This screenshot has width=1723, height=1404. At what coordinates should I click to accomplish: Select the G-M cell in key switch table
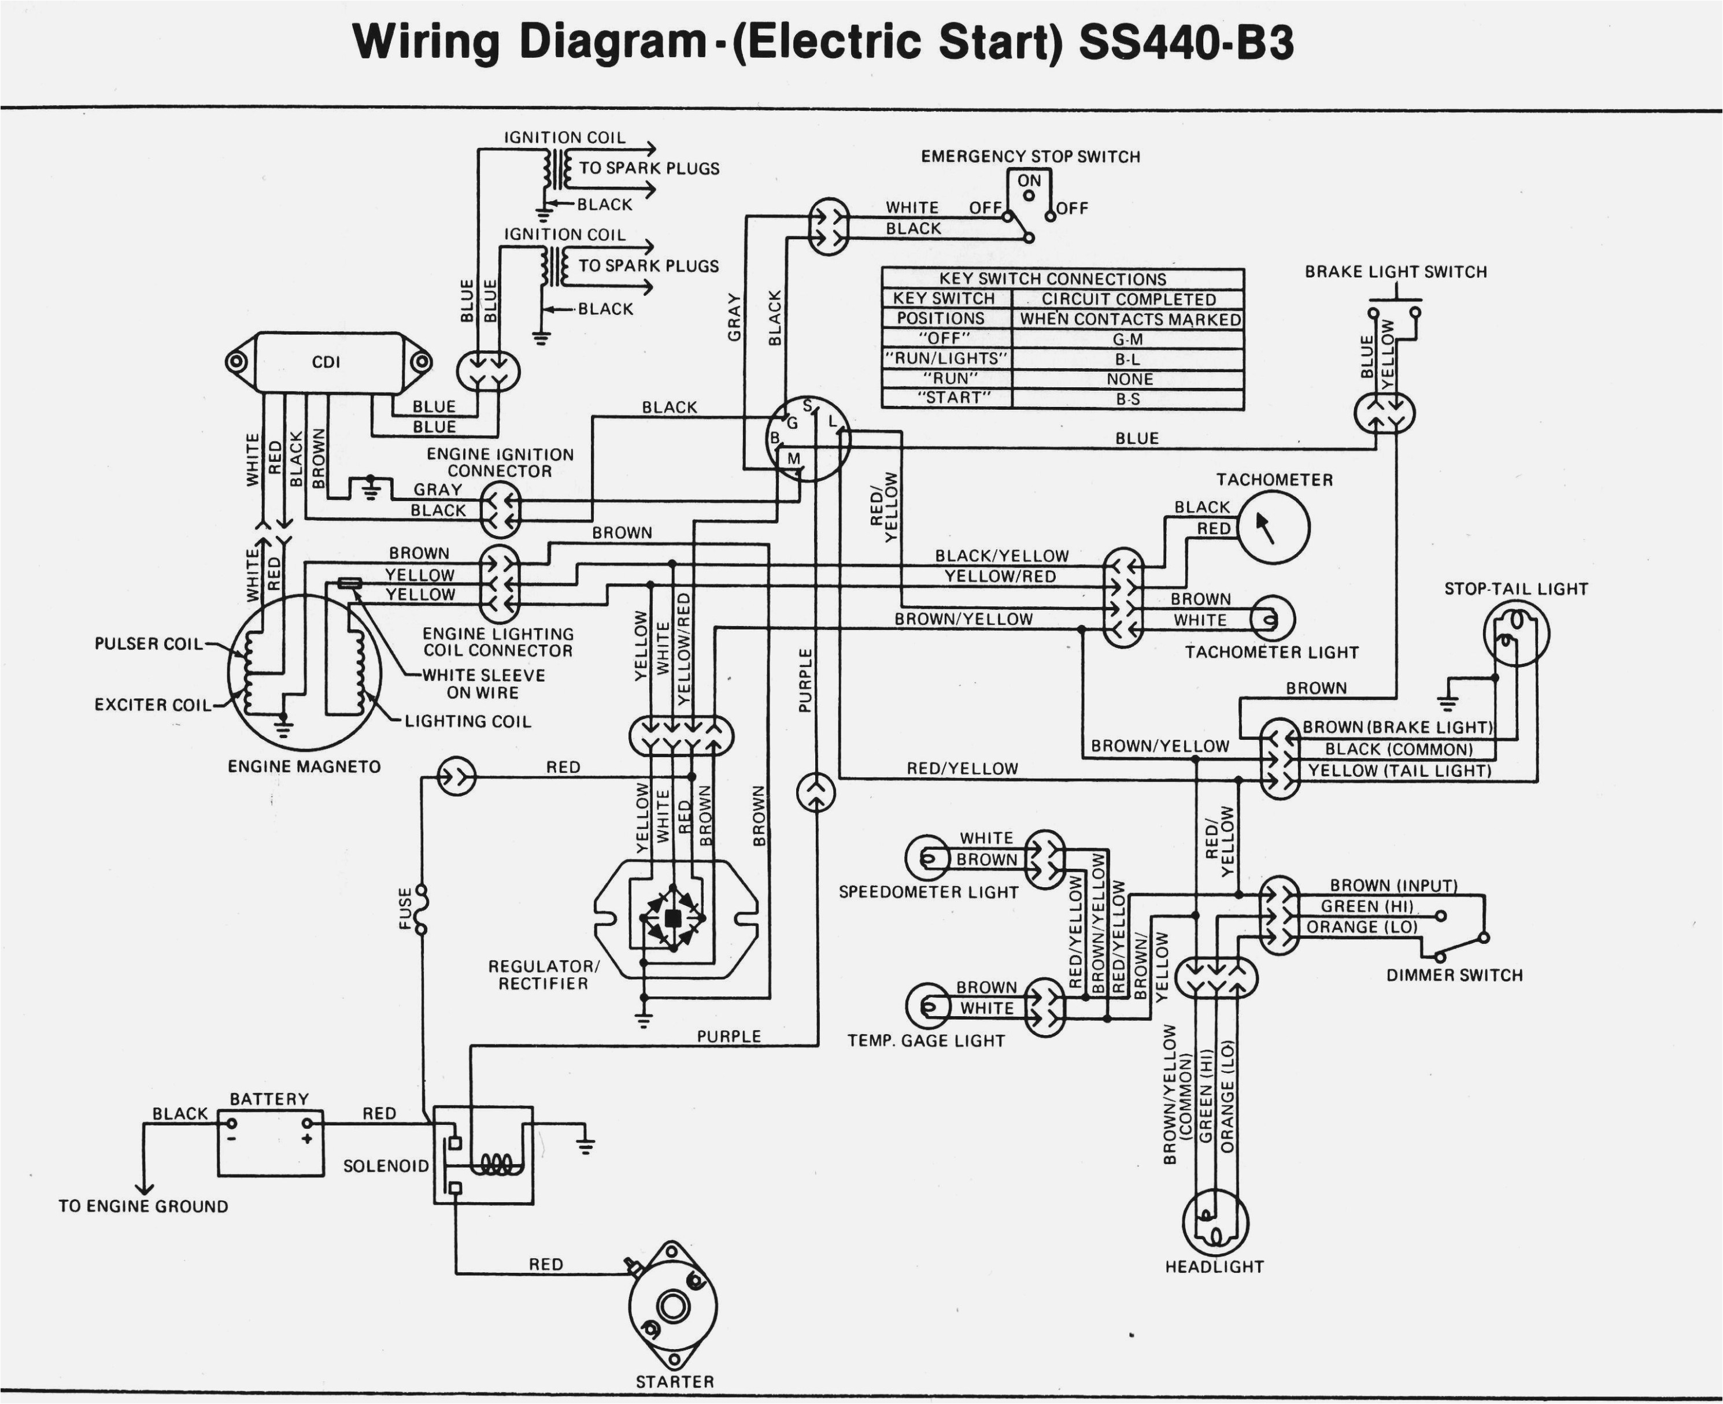[x=1127, y=339]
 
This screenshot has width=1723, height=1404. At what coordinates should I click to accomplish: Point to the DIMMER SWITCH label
[x=1454, y=975]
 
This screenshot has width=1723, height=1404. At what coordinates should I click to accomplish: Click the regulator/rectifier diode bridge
[x=672, y=918]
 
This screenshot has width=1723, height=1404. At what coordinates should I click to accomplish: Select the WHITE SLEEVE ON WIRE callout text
[x=484, y=683]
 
